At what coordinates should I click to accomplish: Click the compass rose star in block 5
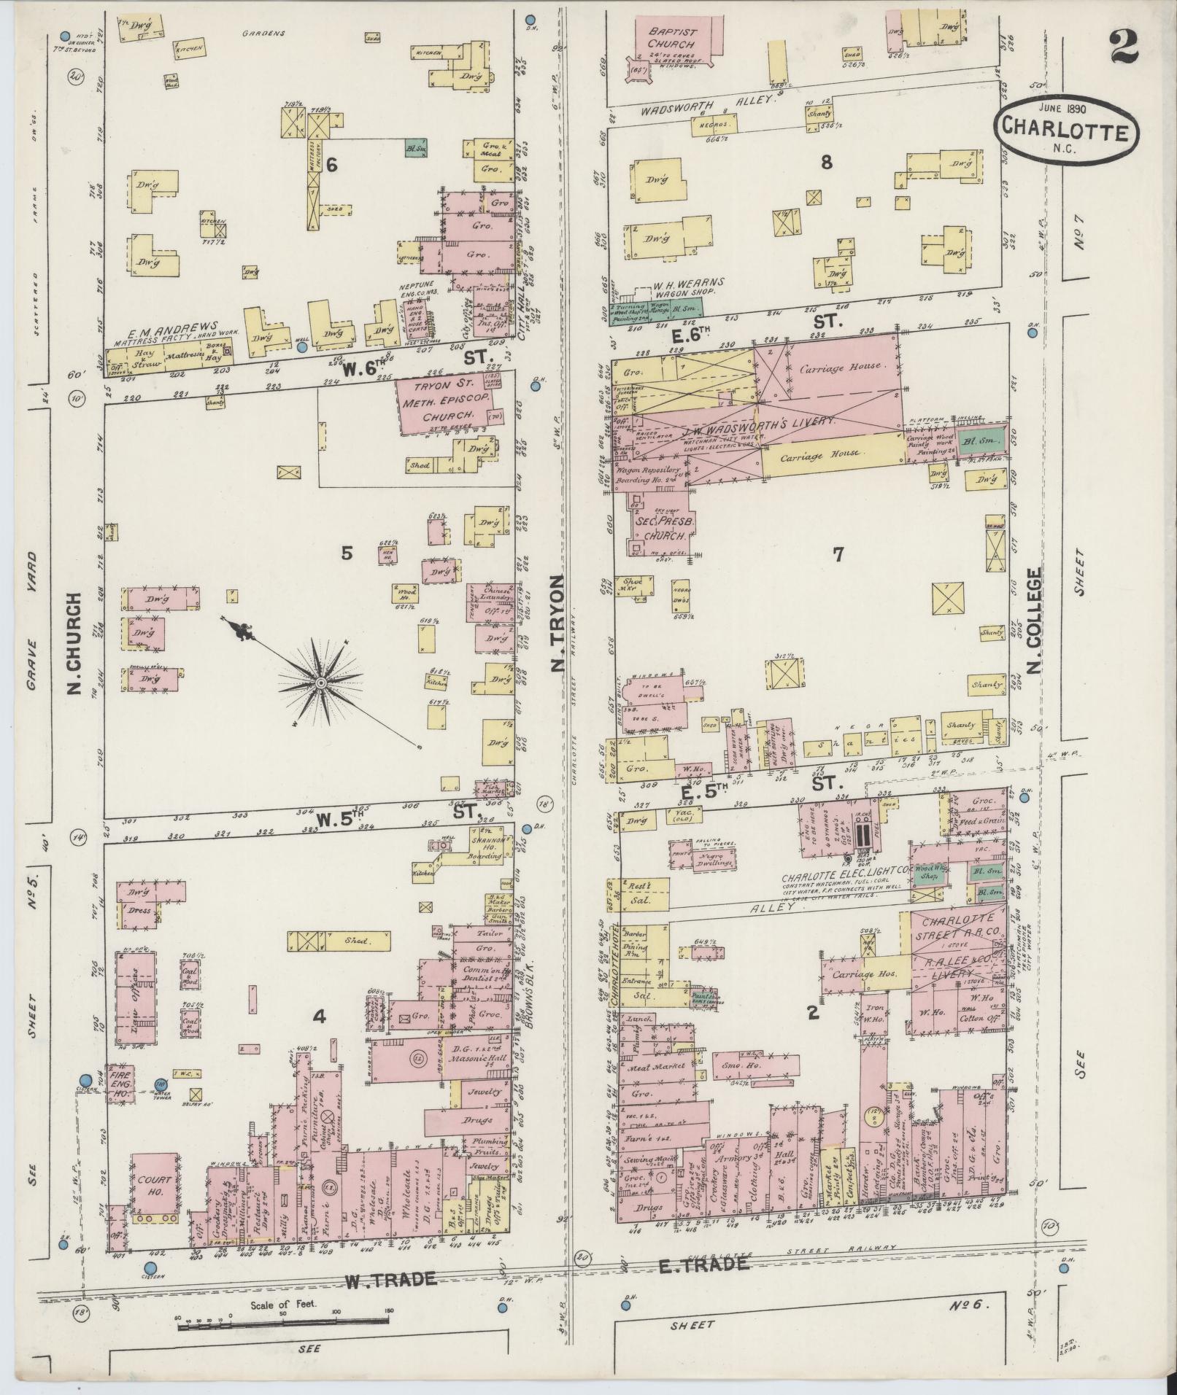(320, 683)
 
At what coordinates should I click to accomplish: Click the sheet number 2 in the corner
(1124, 49)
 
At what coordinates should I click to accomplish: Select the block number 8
(826, 163)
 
